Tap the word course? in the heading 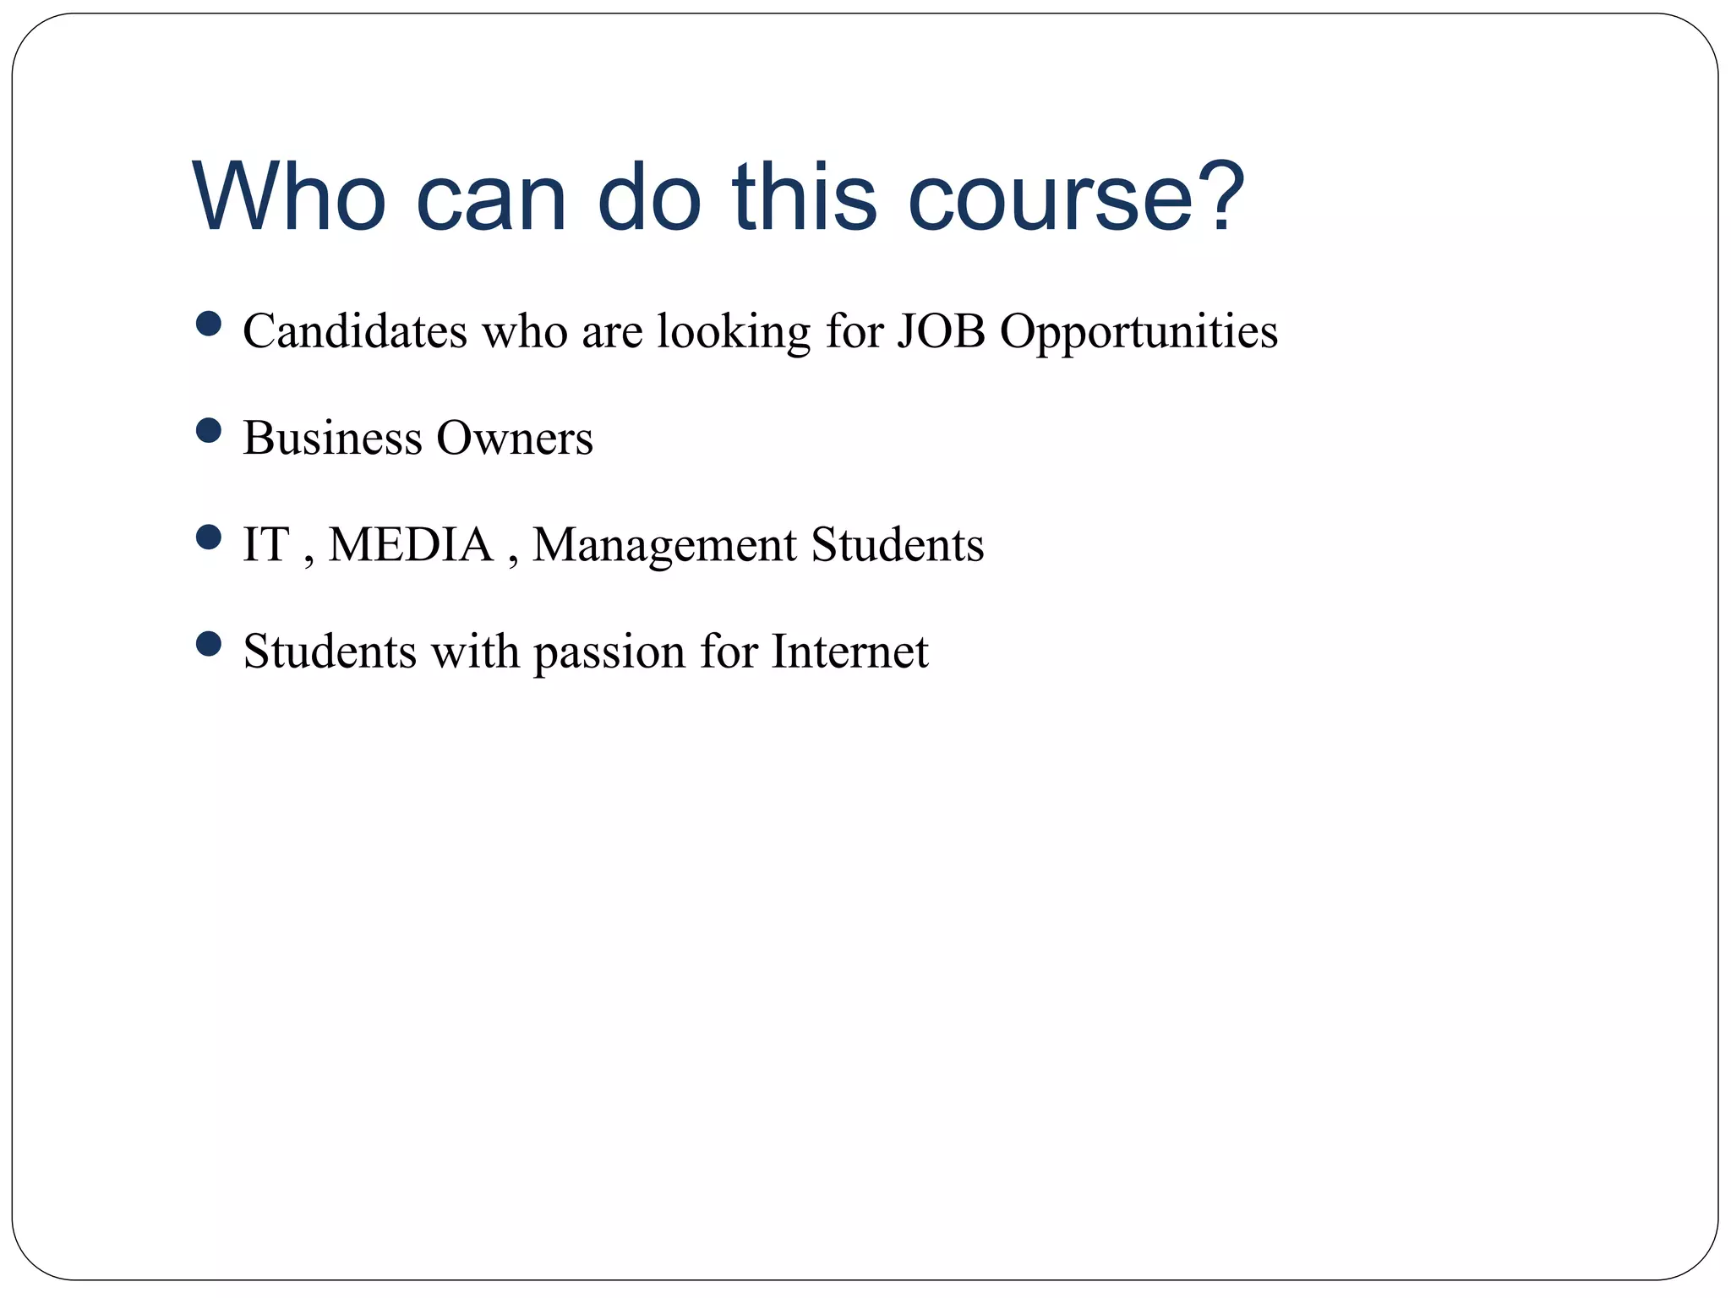pos(1075,198)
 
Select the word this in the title pos(805,198)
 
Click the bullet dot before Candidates pos(208,324)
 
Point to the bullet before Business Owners pos(208,431)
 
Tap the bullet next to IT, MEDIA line pos(208,537)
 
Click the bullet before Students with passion pos(208,645)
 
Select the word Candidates pos(354,330)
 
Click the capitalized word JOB pos(941,330)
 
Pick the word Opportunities pos(1139,332)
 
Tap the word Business pos(332,438)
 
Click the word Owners pos(514,438)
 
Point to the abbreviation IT pos(265,544)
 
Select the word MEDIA pos(410,544)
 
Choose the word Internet pos(849,652)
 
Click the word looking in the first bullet pos(734,332)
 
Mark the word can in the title pos(490,198)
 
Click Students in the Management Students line pos(898,544)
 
